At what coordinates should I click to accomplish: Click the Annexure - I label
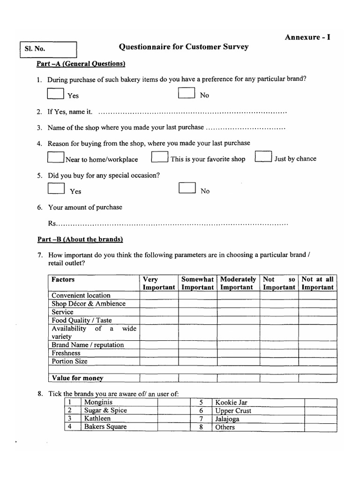[x=307, y=37]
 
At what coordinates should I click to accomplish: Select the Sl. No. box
[x=48, y=50]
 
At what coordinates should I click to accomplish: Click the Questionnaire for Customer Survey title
[x=184, y=47]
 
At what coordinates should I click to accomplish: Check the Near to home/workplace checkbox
[x=56, y=157]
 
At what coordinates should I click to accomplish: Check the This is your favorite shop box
[x=160, y=157]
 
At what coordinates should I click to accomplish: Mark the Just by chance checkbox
[x=263, y=157]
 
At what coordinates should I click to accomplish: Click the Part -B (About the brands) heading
[x=80, y=240]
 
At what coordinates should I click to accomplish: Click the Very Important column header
[x=158, y=283]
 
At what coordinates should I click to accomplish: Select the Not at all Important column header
[x=317, y=283]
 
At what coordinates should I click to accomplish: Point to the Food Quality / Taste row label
[x=82, y=320]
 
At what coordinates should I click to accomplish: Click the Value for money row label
[x=77, y=378]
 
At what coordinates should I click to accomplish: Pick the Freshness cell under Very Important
[x=158, y=353]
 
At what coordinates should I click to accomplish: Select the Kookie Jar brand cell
[x=231, y=402]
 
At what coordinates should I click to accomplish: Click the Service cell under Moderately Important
[x=238, y=312]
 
